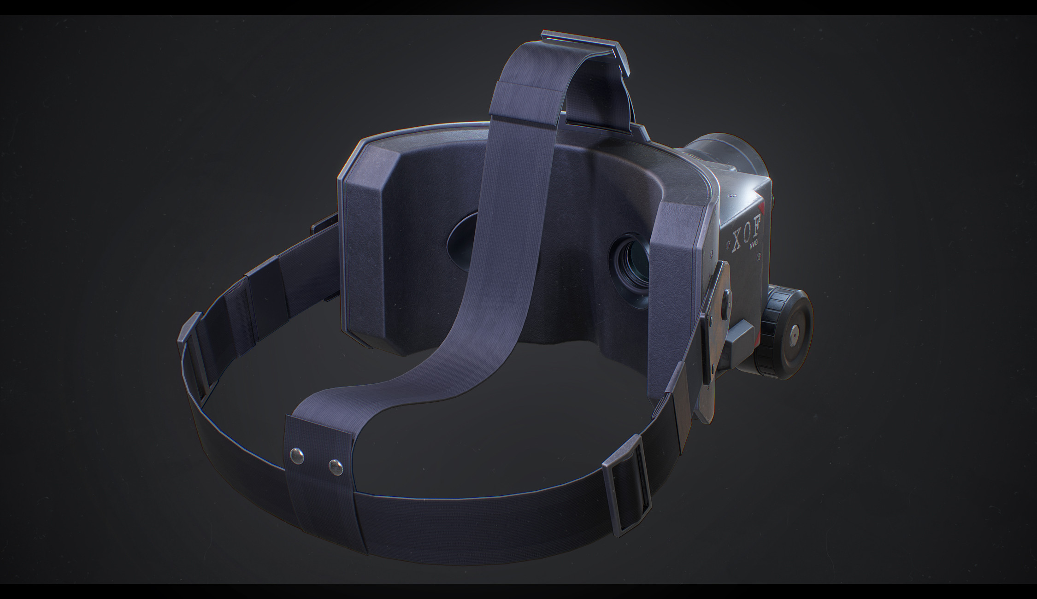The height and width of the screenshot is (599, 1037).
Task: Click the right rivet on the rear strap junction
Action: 336,468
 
